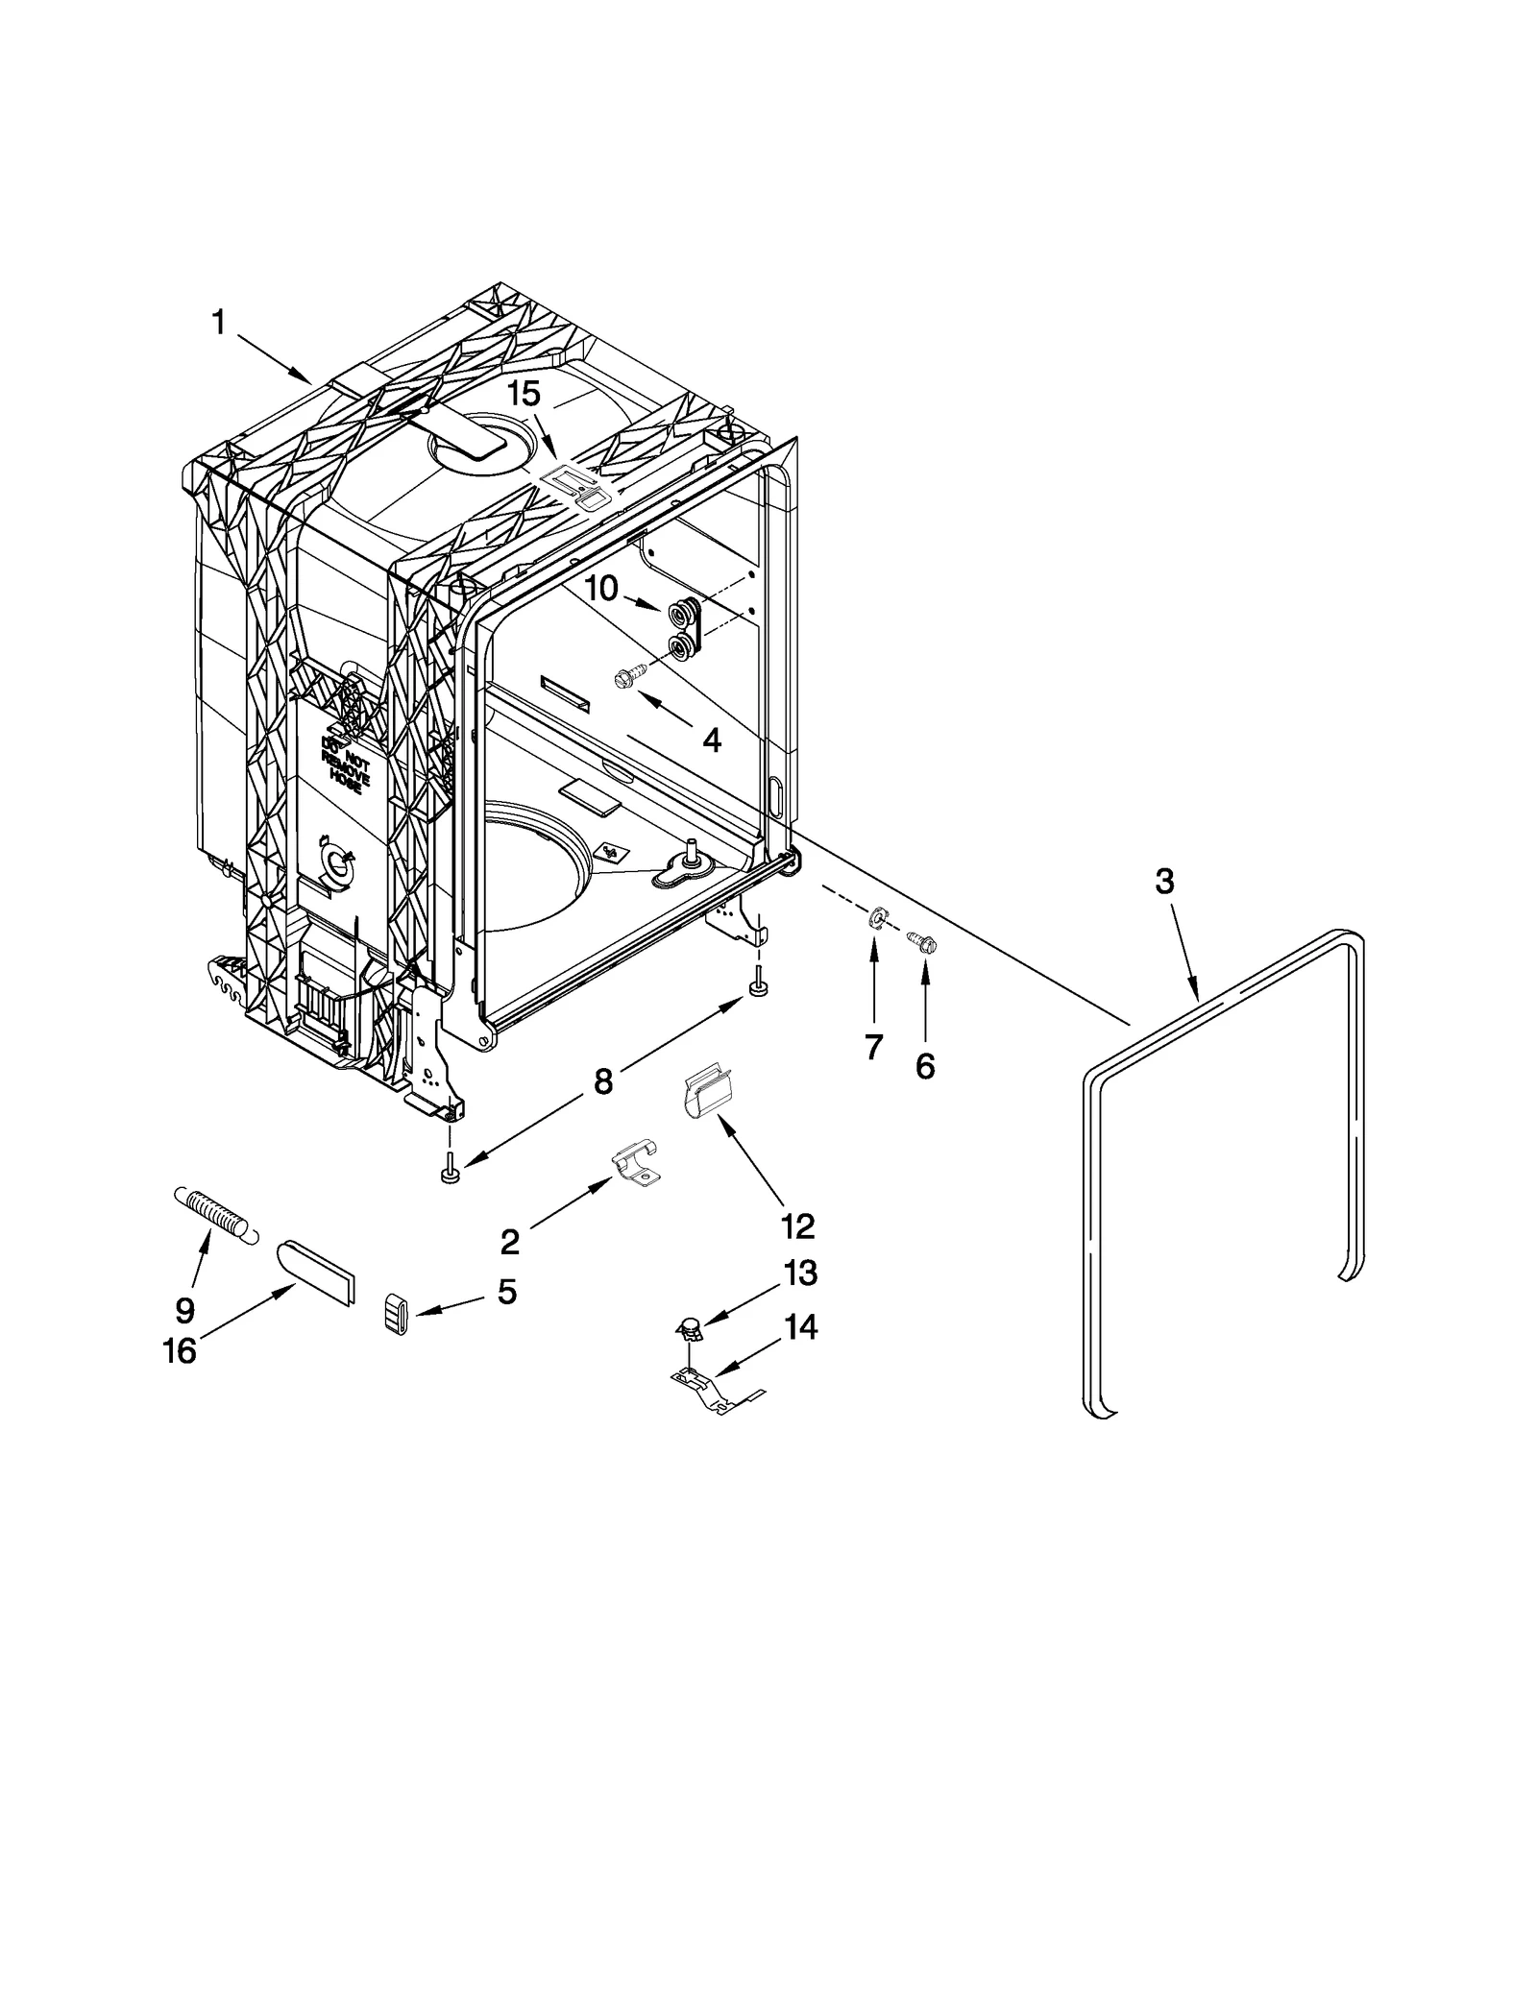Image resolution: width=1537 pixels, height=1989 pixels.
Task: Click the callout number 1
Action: click(x=218, y=324)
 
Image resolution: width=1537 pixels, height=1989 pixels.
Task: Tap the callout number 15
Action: click(x=524, y=394)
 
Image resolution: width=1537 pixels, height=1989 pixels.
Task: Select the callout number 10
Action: click(x=601, y=588)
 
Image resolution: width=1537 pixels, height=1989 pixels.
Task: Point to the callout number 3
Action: click(x=1164, y=882)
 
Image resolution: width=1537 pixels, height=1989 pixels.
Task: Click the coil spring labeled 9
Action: click(x=215, y=1215)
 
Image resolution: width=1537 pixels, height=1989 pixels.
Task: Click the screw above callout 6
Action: click(x=923, y=942)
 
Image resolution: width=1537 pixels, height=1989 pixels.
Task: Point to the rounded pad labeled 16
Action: click(x=317, y=1272)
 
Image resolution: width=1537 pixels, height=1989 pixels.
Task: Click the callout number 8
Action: click(x=602, y=1081)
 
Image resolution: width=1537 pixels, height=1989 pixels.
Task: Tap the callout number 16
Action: click(x=180, y=1351)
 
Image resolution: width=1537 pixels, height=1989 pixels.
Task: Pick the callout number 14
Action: click(x=800, y=1327)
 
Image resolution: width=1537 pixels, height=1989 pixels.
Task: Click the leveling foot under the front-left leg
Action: click(x=449, y=1173)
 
